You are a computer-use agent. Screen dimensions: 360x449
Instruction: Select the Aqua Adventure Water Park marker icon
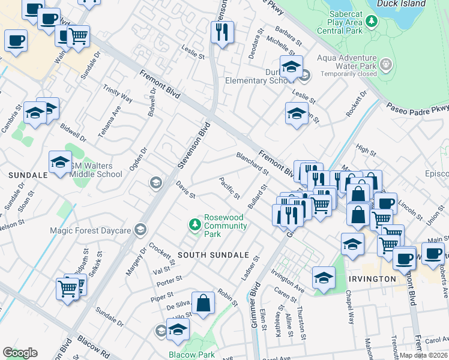point(385,64)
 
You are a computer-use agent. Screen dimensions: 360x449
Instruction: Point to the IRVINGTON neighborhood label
point(371,279)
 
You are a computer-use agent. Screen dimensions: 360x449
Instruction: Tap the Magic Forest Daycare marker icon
point(140,229)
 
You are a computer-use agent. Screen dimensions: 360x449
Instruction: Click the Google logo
point(20,353)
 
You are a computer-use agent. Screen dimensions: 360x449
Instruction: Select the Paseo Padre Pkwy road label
point(418,108)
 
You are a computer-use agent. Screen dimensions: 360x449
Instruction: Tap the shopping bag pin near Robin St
point(203,302)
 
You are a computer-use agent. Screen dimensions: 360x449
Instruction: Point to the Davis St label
point(185,191)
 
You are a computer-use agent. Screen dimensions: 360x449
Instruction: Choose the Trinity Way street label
point(117,94)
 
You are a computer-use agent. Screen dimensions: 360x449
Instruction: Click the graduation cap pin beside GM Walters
point(60,161)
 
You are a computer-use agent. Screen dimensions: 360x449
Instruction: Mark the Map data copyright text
point(423,355)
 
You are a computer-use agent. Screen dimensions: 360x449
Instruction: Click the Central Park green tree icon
point(372,22)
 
